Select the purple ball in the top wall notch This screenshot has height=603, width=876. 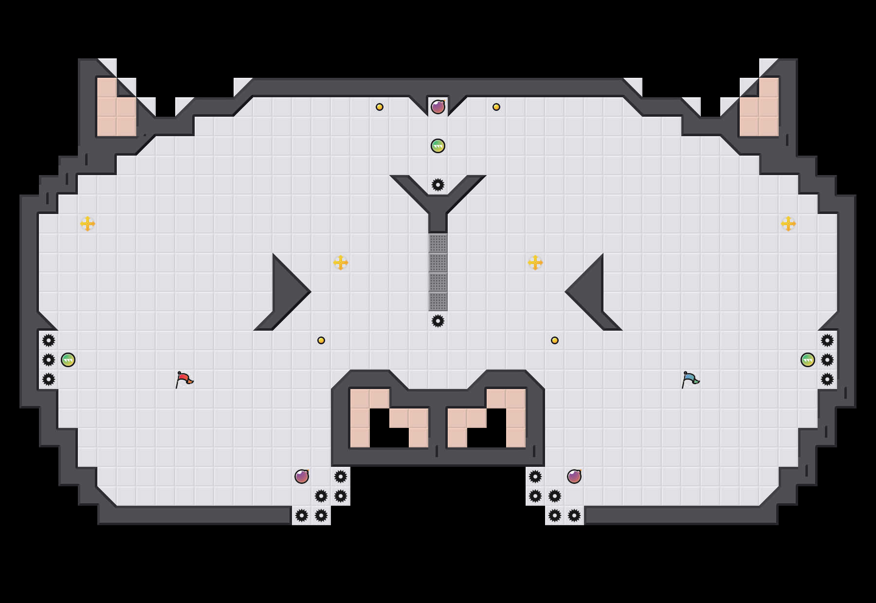pyautogui.click(x=438, y=107)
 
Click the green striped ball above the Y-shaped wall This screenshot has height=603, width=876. pyautogui.click(x=438, y=146)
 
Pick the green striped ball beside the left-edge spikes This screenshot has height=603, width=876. pyautogui.click(x=68, y=360)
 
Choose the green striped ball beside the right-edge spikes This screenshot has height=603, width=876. pyautogui.click(x=808, y=360)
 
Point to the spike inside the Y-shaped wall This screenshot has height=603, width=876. pyautogui.click(x=438, y=185)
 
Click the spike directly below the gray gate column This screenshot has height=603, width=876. pyautogui.click(x=438, y=321)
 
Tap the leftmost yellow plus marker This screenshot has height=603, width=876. pyautogui.click(x=88, y=224)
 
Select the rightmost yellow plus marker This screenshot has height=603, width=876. pyautogui.click(x=788, y=224)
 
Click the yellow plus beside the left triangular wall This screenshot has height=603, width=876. pyautogui.click(x=341, y=263)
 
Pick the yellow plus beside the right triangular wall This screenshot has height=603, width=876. pyautogui.click(x=535, y=263)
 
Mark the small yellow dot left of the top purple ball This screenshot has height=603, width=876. pyautogui.click(x=380, y=107)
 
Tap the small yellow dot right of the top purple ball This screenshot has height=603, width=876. pyautogui.click(x=496, y=107)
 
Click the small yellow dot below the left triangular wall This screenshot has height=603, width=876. pyautogui.click(x=321, y=340)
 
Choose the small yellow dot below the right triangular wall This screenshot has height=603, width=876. pyautogui.click(x=555, y=340)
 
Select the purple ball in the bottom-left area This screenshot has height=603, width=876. pyautogui.click(x=302, y=477)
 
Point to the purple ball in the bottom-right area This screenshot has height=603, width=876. pyautogui.click(x=574, y=477)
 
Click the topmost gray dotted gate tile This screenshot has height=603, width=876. pyautogui.click(x=438, y=243)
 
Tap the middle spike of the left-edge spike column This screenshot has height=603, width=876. pyautogui.click(x=49, y=360)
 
